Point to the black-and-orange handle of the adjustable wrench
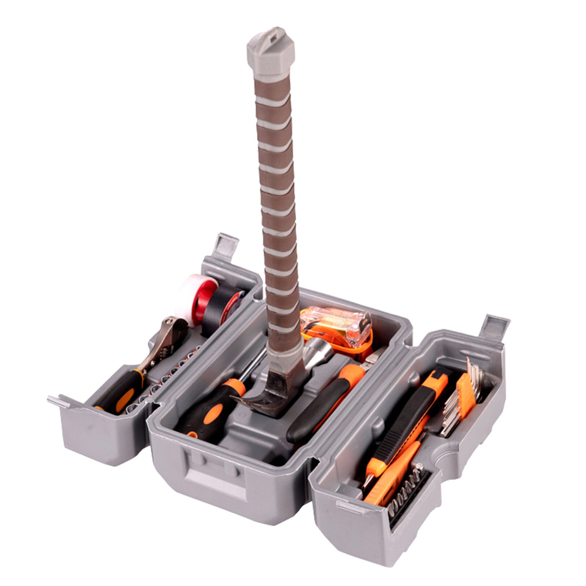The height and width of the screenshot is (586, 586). pyautogui.click(x=120, y=390)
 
